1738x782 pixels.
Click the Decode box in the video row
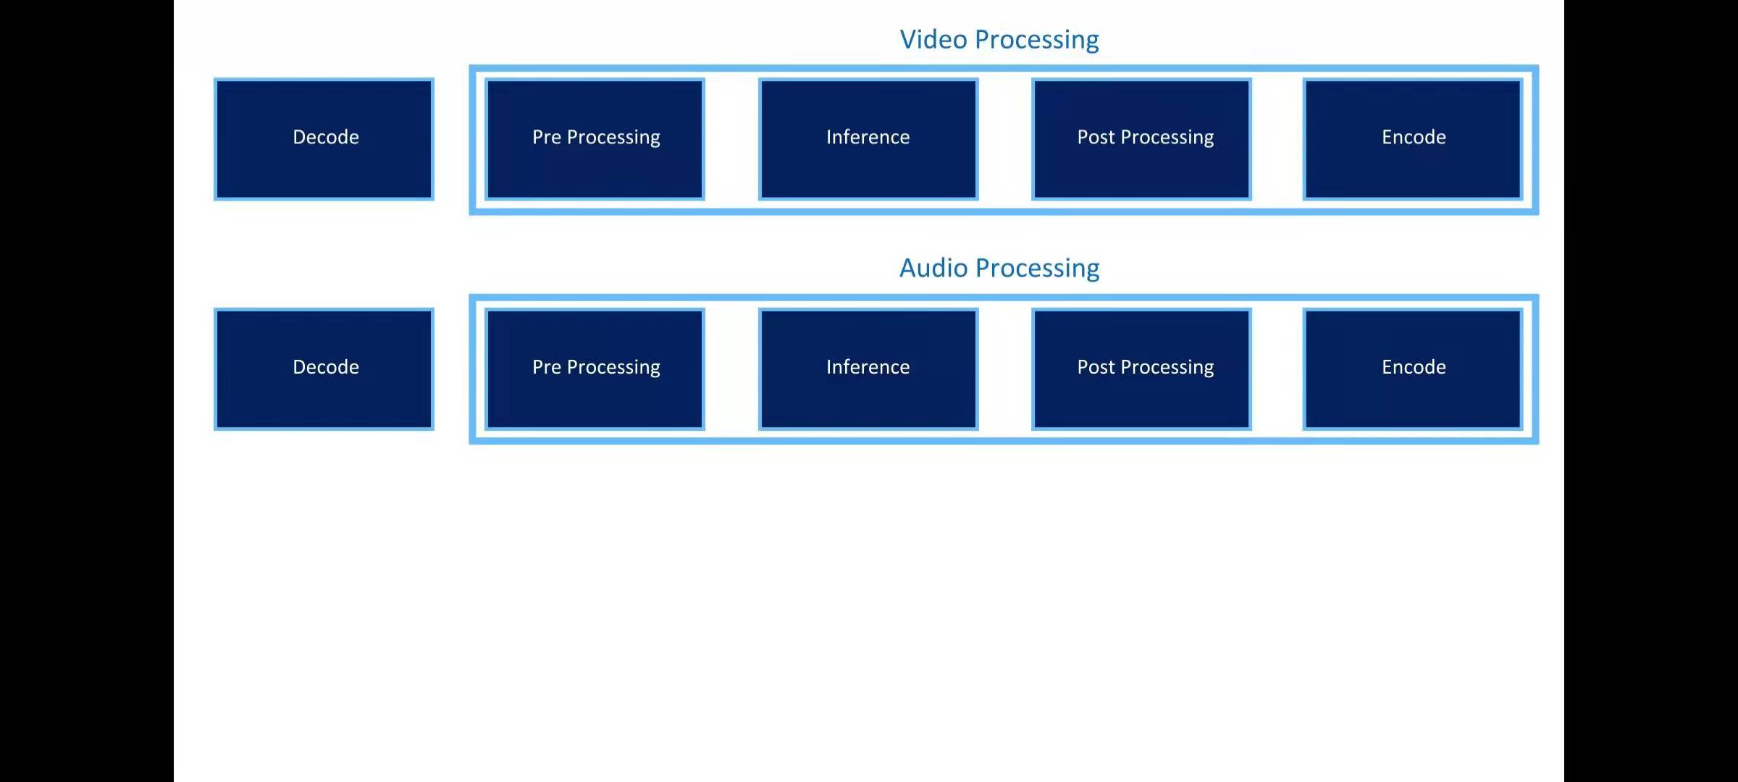point(324,139)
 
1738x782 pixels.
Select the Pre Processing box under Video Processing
point(595,139)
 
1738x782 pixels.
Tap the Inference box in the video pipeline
point(868,139)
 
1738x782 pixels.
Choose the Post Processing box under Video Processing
point(1141,139)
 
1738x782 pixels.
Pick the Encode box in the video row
point(1413,139)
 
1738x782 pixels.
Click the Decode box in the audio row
point(324,369)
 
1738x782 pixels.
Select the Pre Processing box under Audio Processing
point(595,369)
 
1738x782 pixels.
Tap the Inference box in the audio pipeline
point(868,369)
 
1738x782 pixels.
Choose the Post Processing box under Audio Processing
point(1141,369)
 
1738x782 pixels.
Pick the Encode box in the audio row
point(1413,369)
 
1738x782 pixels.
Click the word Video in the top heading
point(933,39)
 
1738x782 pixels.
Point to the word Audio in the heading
point(933,268)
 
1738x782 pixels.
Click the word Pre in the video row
point(546,137)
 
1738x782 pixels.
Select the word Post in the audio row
point(1096,367)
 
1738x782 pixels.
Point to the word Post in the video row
point(1096,137)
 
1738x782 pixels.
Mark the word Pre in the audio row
point(546,367)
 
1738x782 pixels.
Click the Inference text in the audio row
point(868,367)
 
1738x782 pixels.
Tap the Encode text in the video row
point(1414,137)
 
